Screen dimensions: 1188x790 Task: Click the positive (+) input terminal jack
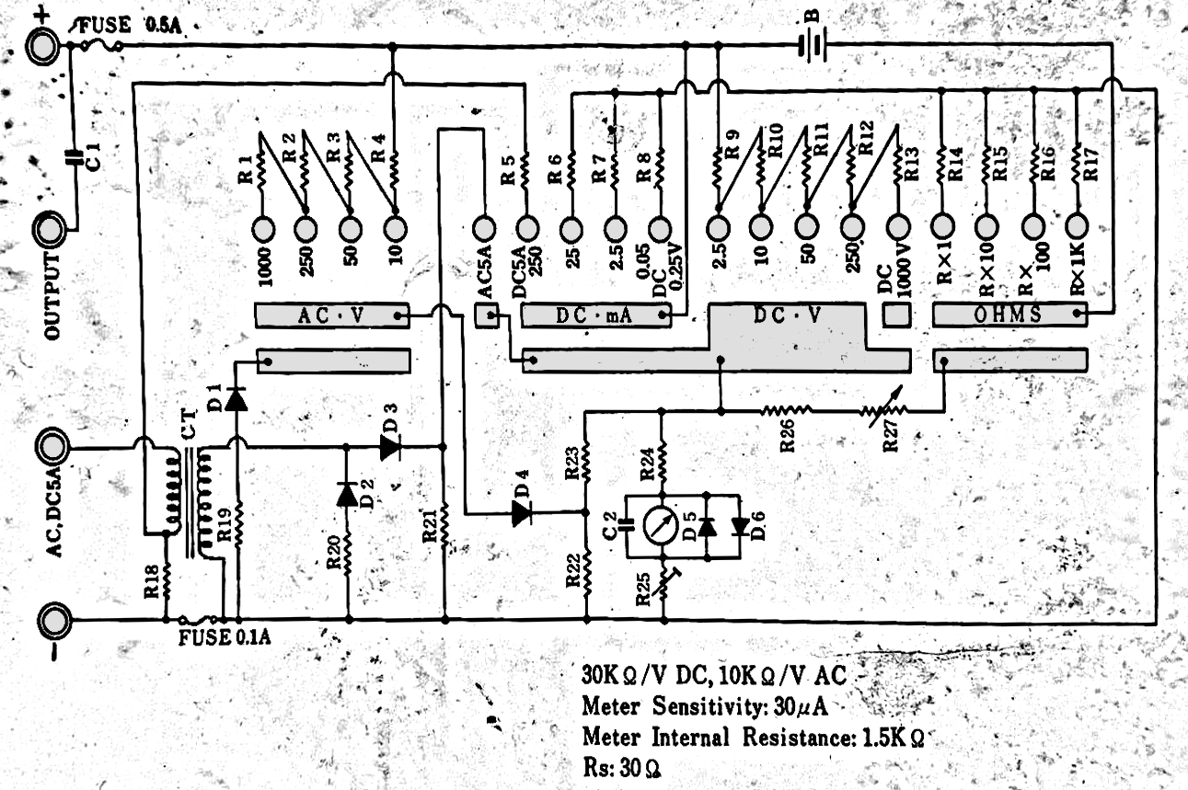coord(43,47)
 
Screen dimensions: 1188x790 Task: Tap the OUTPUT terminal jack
coord(50,229)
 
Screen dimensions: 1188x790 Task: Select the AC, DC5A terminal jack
coord(51,448)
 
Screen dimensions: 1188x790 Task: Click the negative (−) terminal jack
coord(54,619)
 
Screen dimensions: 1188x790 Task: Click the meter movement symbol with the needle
coord(661,525)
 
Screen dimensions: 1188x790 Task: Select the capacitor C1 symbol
coord(75,157)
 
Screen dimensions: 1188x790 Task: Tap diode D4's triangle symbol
coord(522,512)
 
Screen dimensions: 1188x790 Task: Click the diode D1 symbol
coord(236,399)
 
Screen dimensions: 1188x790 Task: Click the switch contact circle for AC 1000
coord(263,229)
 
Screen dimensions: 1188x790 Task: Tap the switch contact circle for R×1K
coord(1076,226)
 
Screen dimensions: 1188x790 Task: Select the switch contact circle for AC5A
coord(484,228)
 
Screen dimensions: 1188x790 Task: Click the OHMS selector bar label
coord(1008,315)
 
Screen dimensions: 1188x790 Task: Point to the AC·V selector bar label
coord(331,316)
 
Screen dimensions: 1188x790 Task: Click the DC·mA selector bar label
coord(594,316)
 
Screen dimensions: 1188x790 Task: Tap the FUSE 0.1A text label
coord(225,637)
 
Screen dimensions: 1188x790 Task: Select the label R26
coord(787,435)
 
